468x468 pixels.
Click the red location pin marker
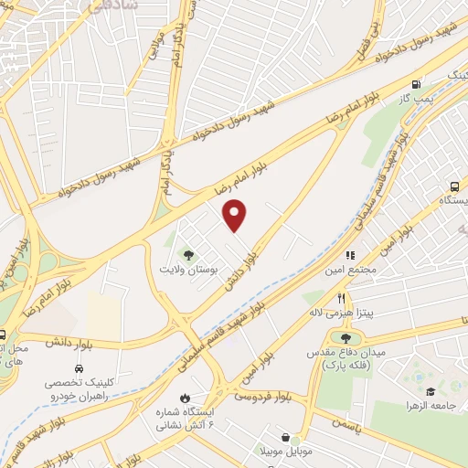(x=236, y=216)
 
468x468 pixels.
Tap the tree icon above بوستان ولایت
(x=188, y=256)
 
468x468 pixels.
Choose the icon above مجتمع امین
(x=348, y=256)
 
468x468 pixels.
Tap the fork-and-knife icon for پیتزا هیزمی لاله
(x=340, y=298)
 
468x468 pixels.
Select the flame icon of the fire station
(x=186, y=397)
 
